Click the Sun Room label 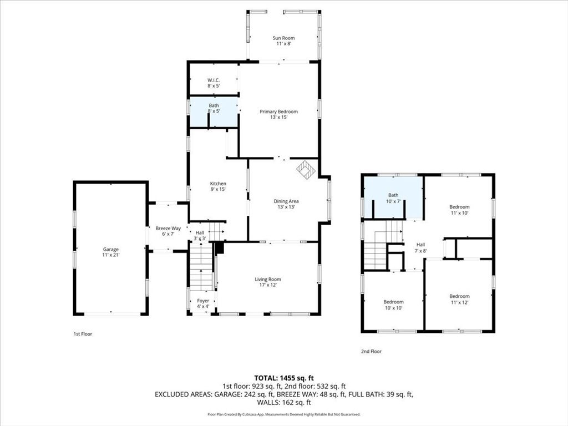click(283, 40)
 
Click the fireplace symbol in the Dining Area click(305, 169)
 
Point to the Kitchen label click(217, 186)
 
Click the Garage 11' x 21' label click(110, 252)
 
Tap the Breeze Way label click(168, 231)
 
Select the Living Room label click(268, 282)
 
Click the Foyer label click(203, 303)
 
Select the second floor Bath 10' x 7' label click(393, 198)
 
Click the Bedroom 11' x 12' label click(459, 299)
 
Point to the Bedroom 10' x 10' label click(393, 305)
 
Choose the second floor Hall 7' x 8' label click(420, 247)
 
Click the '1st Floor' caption click(82, 334)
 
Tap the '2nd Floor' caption click(371, 351)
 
